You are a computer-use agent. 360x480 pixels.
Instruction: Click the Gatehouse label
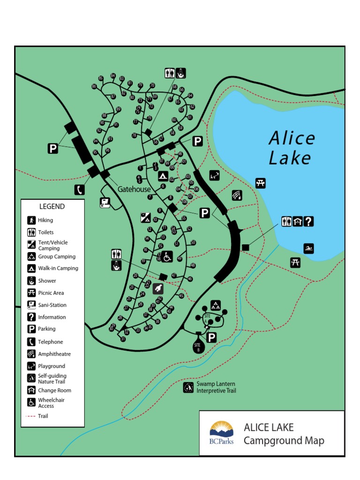[134, 189]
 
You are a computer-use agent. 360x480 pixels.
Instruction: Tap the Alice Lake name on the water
[291, 148]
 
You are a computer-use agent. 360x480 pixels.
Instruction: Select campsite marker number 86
[101, 78]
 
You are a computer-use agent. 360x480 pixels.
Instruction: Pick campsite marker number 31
[123, 339]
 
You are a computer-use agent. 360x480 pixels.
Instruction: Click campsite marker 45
[181, 296]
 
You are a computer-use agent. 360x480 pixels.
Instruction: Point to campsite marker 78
[134, 135]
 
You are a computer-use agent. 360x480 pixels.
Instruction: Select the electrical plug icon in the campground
[158, 288]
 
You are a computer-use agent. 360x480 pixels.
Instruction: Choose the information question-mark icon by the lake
[308, 221]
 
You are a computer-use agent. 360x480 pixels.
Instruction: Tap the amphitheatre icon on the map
[237, 195]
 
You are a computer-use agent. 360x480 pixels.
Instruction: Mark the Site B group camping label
[197, 346]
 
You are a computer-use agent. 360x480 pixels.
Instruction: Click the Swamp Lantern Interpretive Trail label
[216, 387]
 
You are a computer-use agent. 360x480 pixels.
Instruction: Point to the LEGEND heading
[52, 206]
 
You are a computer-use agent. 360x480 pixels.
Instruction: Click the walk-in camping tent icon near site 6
[163, 176]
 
